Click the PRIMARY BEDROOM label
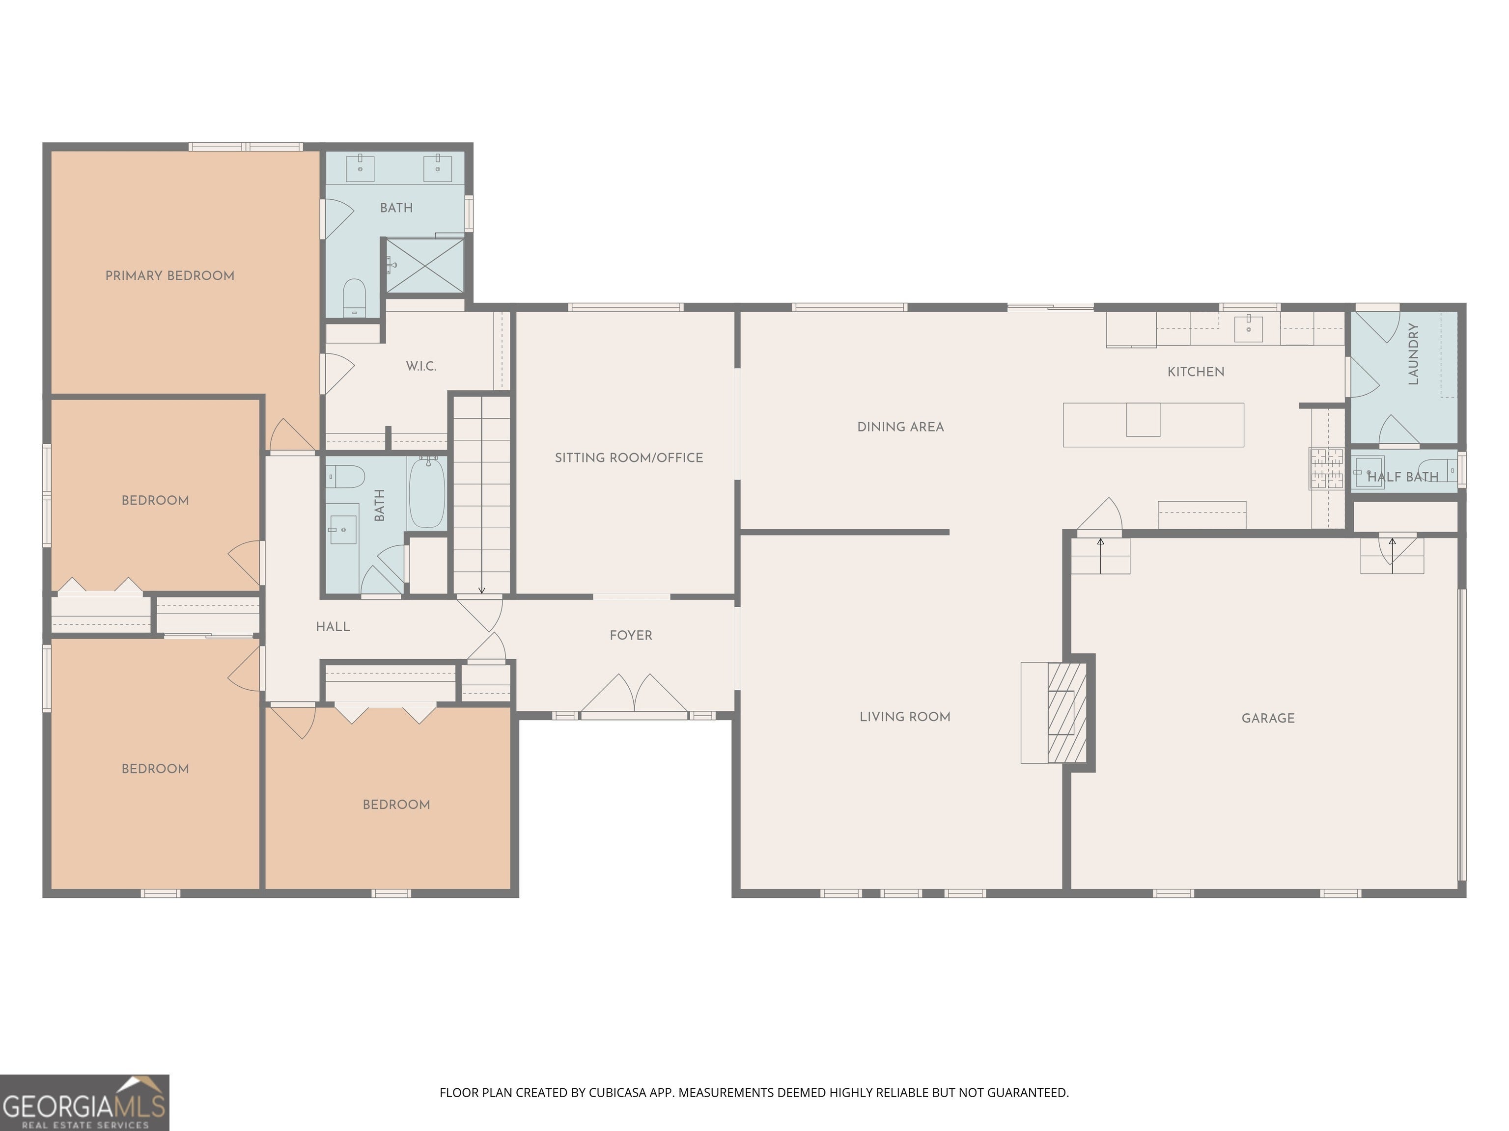tap(170, 275)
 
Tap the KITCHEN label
tap(1196, 372)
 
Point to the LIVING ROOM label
tap(905, 717)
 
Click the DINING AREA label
tap(900, 427)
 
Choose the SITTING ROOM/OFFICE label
tap(629, 458)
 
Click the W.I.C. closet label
tap(421, 366)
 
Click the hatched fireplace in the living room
tap(1067, 712)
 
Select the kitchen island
tap(1153, 425)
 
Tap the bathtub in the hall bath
tap(427, 492)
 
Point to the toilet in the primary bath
tap(354, 297)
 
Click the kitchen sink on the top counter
tap(1248, 328)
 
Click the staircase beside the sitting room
tap(481, 495)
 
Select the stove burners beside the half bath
tap(1325, 468)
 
